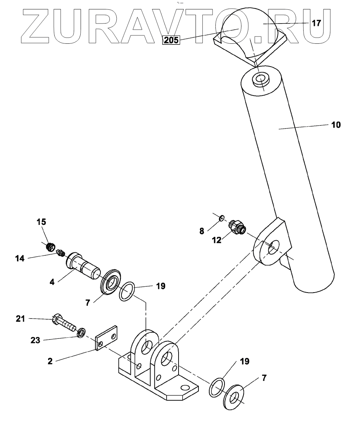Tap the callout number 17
click(316, 24)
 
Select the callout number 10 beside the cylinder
click(336, 125)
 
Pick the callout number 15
click(42, 221)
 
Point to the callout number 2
click(50, 361)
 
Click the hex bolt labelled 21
click(65, 323)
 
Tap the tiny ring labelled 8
click(222, 217)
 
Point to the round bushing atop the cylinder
click(261, 80)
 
